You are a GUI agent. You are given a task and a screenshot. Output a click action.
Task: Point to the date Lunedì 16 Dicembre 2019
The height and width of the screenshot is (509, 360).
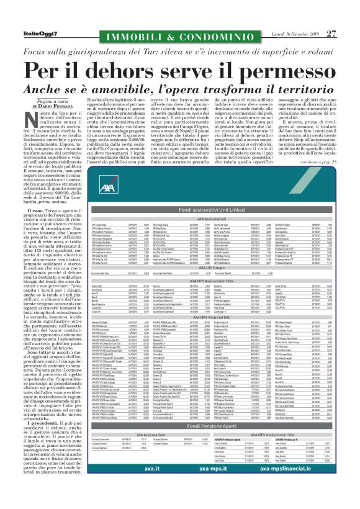[294, 17]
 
